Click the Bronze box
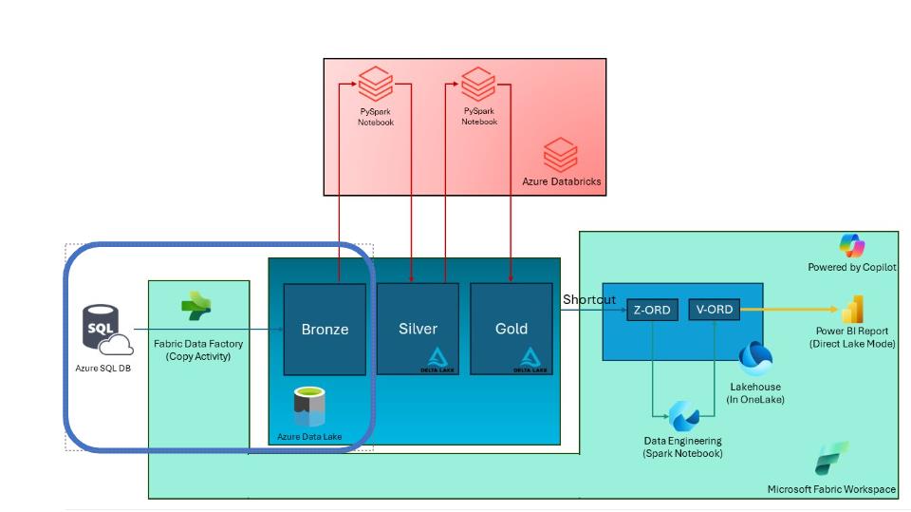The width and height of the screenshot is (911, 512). point(325,329)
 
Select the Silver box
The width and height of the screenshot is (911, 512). point(418,328)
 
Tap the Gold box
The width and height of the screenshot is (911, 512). point(511,328)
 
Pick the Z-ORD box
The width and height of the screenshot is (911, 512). point(651,311)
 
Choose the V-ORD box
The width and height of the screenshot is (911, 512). point(714,309)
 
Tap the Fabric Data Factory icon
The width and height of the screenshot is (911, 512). point(196,307)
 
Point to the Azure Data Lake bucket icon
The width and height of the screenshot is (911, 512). point(308,408)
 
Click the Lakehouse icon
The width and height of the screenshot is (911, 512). point(755,358)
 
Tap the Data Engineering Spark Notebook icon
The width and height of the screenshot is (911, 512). point(683,415)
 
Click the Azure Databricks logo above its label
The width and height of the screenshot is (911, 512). point(560,154)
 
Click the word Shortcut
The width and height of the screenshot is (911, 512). point(589,299)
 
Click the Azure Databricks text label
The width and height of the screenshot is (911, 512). point(562,181)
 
